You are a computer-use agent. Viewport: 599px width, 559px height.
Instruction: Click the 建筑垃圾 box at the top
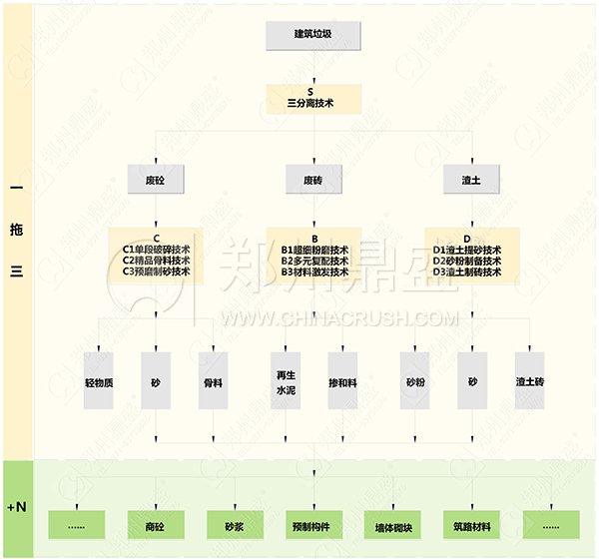click(313, 35)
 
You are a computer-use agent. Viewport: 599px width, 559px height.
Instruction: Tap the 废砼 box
click(157, 181)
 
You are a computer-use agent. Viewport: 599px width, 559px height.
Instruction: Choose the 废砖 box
click(313, 181)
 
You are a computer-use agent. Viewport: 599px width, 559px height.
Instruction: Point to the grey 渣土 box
click(470, 181)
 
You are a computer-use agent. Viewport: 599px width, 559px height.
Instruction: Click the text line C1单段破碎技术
click(157, 250)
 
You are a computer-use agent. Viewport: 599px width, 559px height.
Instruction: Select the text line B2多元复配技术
click(314, 261)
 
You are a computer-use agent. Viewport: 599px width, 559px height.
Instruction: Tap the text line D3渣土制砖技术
click(468, 272)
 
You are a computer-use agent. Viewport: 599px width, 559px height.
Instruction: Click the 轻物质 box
click(99, 381)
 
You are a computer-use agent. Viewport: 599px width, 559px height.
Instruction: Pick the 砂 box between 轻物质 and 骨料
click(156, 381)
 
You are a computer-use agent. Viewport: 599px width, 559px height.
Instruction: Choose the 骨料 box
click(213, 381)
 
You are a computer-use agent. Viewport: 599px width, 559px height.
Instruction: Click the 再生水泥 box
click(286, 381)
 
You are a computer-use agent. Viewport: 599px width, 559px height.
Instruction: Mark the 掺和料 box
click(341, 381)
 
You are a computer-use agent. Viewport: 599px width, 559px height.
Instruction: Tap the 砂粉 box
click(415, 381)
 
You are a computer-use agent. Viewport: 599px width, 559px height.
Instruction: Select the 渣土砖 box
click(529, 381)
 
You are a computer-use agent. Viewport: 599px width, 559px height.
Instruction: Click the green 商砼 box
click(156, 526)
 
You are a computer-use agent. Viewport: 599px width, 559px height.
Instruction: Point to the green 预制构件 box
click(313, 526)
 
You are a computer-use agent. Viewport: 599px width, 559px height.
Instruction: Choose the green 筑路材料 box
click(471, 526)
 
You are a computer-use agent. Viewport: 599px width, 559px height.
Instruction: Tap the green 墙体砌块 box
click(393, 526)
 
